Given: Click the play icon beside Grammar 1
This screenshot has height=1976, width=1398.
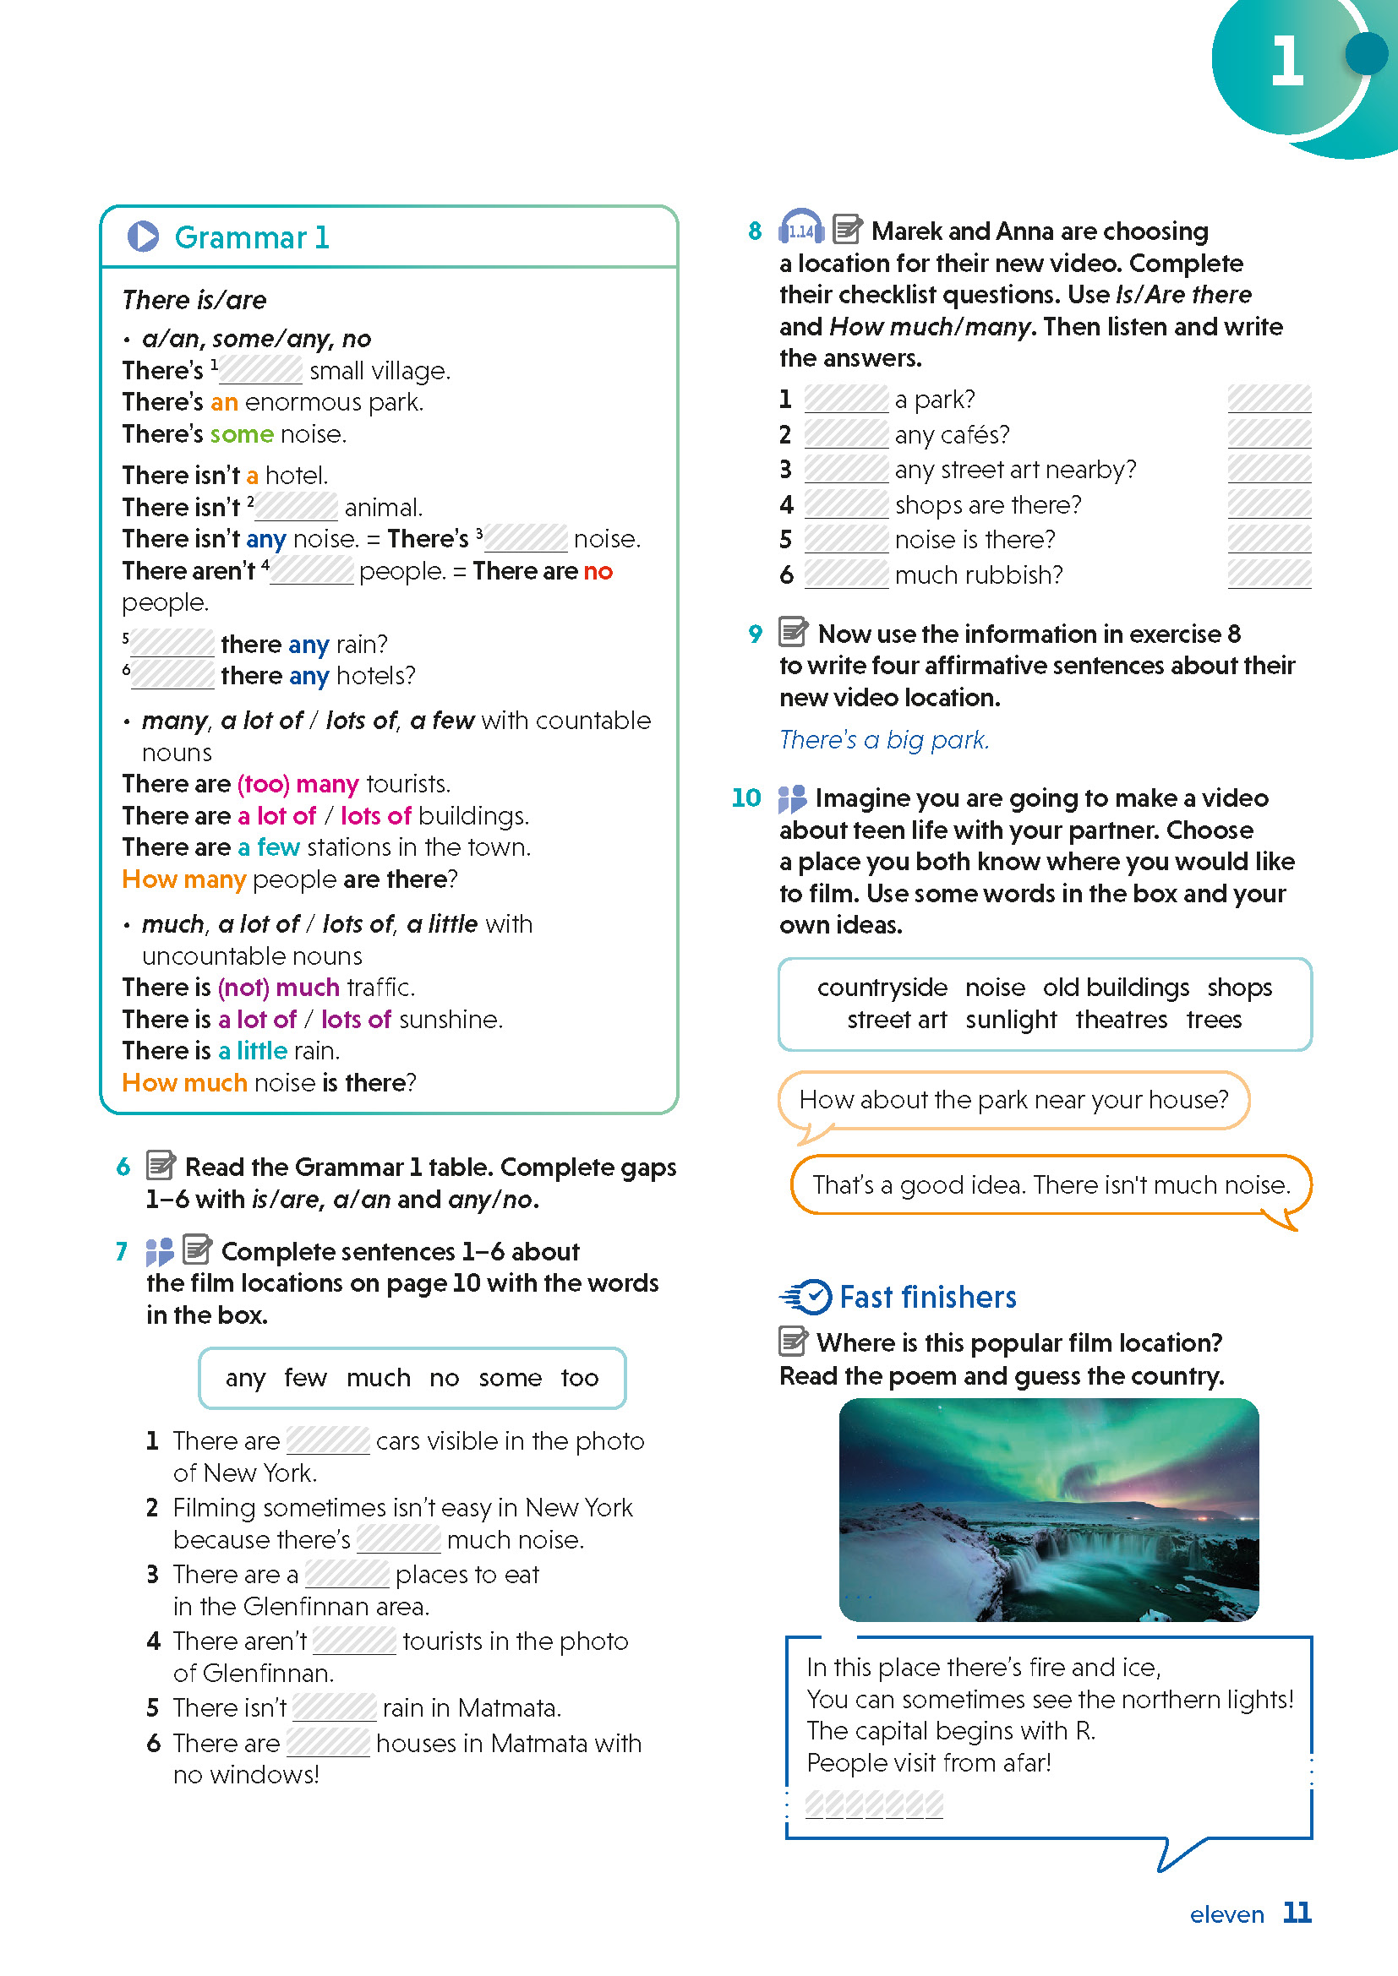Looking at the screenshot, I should click(143, 237).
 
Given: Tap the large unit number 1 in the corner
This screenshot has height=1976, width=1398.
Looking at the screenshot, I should click(1286, 62).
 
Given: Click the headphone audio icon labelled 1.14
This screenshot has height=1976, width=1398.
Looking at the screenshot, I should click(800, 229).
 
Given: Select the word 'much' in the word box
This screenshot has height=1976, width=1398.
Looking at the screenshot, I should click(378, 1378).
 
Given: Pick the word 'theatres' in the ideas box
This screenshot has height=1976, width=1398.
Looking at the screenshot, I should click(1121, 1020).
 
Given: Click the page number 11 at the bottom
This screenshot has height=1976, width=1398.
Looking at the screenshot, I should click(1297, 1913).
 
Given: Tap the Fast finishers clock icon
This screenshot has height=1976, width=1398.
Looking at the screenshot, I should click(807, 1296).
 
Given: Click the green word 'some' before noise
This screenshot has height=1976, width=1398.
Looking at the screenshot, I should click(241, 433).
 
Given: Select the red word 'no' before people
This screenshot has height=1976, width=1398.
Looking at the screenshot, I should click(598, 571).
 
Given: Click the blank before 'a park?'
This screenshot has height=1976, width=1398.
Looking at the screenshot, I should click(845, 400).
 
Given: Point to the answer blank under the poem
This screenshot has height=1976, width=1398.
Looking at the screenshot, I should click(873, 1804).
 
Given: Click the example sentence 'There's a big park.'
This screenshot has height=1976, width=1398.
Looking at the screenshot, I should click(884, 740).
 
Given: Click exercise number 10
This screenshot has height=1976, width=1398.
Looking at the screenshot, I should click(745, 797).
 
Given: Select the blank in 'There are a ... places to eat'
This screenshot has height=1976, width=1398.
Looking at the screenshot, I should click(347, 1574).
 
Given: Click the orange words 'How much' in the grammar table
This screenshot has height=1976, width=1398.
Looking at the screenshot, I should click(184, 1083).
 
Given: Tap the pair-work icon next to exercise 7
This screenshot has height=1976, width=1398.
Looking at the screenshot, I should click(159, 1251).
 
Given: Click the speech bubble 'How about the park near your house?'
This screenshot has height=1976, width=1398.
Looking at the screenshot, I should click(1013, 1100).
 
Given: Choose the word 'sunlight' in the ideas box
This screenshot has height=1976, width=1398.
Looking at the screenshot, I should click(1011, 1020).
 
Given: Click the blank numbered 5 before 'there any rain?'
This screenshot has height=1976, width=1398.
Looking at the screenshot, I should click(172, 644).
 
